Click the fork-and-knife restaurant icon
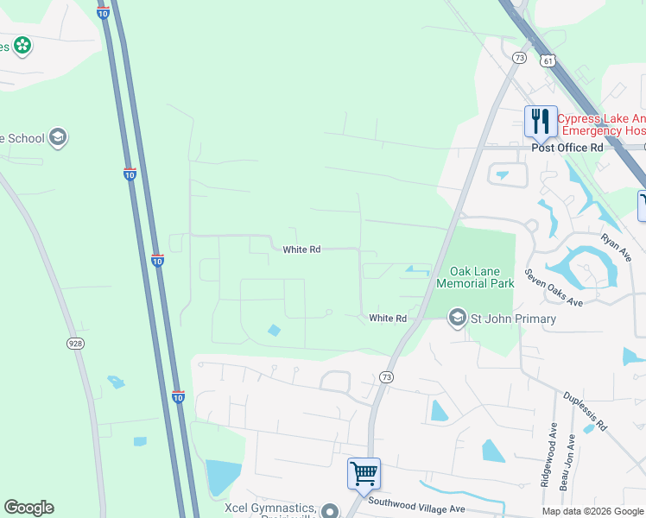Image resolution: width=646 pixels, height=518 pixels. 541,120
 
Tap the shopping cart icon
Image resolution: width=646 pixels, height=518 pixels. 364,473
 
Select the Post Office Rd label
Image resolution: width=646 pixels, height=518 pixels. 567,148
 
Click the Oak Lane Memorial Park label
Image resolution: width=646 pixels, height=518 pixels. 475,277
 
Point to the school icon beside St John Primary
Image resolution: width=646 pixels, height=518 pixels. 456,319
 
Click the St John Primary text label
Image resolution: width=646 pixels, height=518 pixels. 513,319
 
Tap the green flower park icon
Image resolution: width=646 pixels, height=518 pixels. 22,46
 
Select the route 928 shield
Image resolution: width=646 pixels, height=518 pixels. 75,344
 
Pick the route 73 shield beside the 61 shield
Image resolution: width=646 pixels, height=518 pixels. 519,58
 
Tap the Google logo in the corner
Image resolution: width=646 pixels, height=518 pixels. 28,508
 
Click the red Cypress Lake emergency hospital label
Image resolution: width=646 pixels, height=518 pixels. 601,125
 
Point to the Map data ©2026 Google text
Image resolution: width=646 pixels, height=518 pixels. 592,511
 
